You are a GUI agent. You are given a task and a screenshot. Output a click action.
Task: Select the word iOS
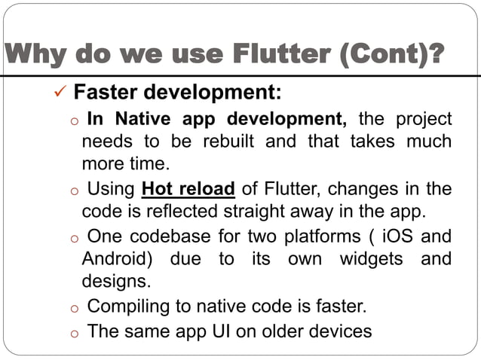point(393,236)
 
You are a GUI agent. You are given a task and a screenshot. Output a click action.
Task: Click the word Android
point(118,259)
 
